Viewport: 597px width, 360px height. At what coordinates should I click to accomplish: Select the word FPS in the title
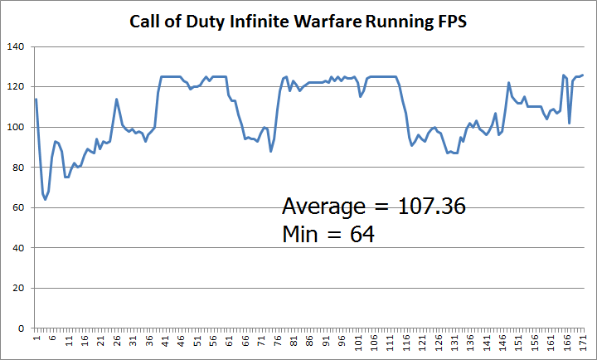[449, 22]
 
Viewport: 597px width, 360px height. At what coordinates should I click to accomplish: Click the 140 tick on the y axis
[17, 46]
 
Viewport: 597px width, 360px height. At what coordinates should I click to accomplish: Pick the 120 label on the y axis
[17, 87]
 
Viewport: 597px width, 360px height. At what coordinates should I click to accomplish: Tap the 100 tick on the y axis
[17, 127]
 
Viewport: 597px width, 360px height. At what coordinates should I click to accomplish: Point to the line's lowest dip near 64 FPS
[45, 199]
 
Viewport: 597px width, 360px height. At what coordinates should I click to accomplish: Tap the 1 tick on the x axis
[36, 340]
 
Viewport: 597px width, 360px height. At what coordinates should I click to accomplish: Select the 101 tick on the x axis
[357, 343]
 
